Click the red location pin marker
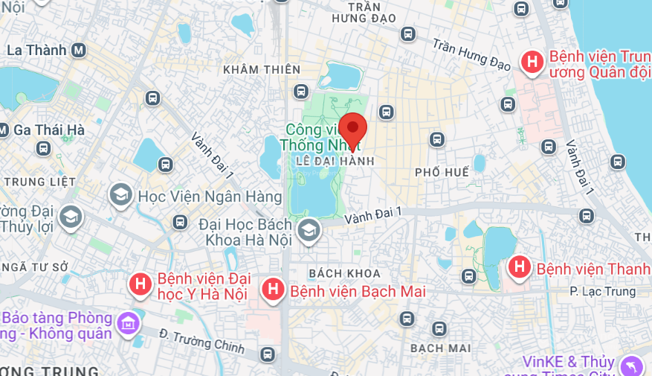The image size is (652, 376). coord(352,128)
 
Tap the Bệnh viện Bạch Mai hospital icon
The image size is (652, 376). coord(274,290)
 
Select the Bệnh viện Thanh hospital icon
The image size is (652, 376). coord(518,267)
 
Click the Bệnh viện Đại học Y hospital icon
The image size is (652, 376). coord(139,284)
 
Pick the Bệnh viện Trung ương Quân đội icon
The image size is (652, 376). coord(532,62)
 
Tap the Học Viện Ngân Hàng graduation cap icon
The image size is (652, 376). coord(119,197)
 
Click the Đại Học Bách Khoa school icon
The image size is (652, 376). coord(308,230)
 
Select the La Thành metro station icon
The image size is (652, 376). coord(79,51)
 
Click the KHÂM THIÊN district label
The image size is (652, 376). coord(262,69)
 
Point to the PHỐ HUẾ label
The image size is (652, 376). coord(442,172)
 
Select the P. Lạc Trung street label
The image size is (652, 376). coord(602,291)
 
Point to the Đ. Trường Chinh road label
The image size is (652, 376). coord(201,341)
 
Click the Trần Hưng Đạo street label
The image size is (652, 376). coord(471,54)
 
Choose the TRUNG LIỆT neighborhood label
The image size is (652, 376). coord(39,181)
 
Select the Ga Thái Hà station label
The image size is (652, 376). coord(48,130)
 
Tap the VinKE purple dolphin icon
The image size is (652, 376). coord(630,366)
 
